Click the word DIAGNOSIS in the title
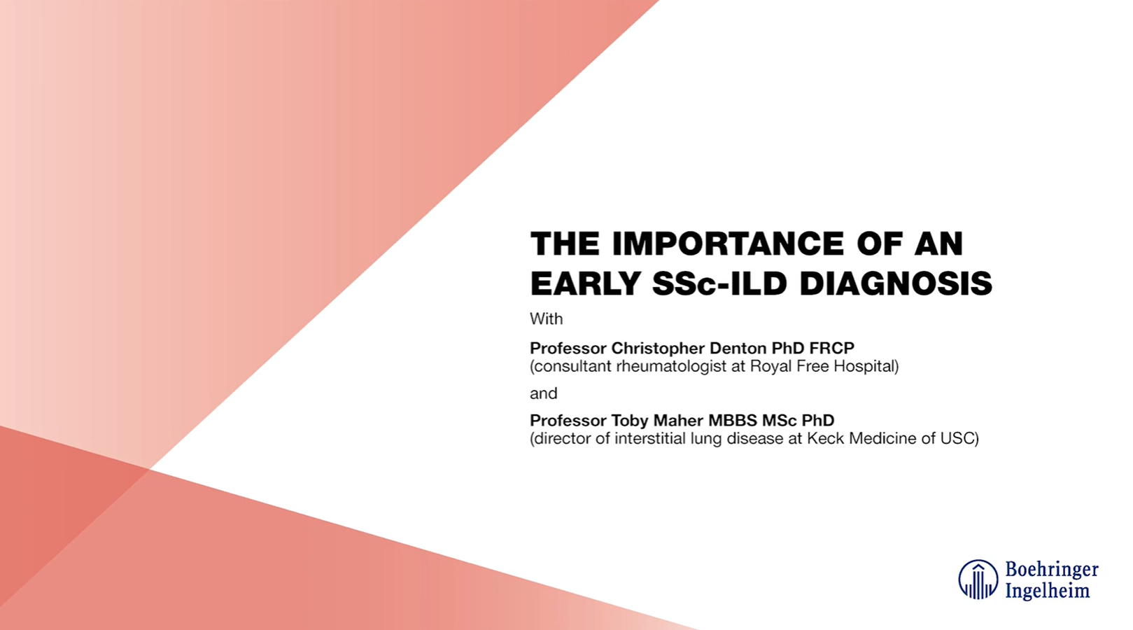[x=896, y=283]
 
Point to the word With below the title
[x=546, y=319]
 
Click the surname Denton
[x=738, y=348]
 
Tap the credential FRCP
[x=831, y=348]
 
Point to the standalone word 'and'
[x=543, y=393]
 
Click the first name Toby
[x=630, y=421]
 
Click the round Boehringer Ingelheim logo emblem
[x=978, y=580]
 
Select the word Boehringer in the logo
[x=1052, y=570]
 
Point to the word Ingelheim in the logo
[x=1047, y=591]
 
